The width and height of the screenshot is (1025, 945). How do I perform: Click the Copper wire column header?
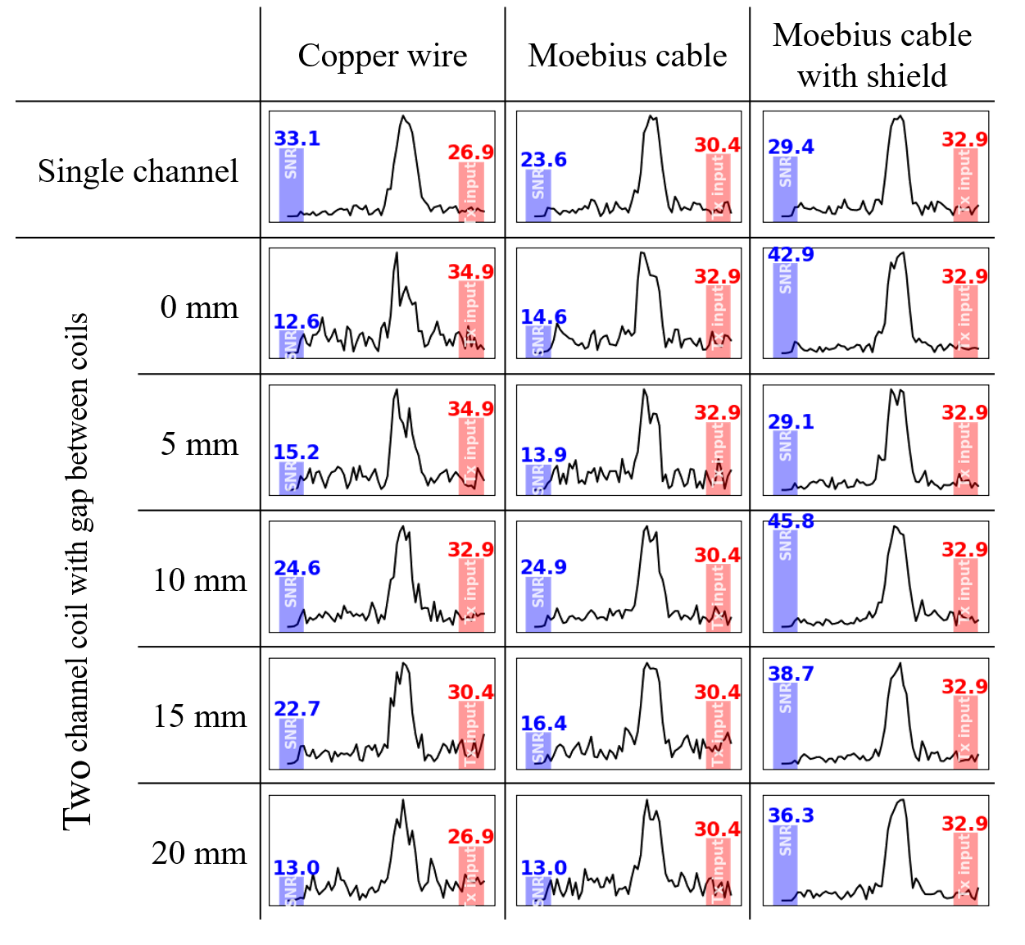pos(382,56)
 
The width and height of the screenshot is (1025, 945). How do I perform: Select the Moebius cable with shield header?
pos(872,56)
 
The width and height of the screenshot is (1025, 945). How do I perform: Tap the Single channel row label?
pos(138,171)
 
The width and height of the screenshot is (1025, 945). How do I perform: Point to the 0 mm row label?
pos(199,307)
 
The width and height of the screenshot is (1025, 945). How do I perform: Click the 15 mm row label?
pos(199,716)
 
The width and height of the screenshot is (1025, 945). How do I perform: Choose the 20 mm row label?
pos(199,853)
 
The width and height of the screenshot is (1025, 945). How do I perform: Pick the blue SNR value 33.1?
pos(297,139)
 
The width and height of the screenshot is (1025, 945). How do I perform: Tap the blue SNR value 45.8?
pos(791,521)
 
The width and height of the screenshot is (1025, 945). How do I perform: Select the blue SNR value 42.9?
pos(791,254)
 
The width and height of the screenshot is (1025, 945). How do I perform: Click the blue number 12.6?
pos(296,322)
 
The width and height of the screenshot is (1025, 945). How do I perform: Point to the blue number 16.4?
pos(543,724)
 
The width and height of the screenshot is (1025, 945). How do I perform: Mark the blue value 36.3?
pos(791,816)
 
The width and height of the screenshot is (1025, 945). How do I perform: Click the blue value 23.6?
pos(543,160)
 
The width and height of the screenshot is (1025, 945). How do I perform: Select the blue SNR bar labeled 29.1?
pos(785,462)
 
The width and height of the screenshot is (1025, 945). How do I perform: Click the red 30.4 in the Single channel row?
pos(717,145)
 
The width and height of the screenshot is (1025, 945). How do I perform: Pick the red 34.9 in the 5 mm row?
pos(470,409)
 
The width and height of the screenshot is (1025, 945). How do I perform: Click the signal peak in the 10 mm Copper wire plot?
pos(403,528)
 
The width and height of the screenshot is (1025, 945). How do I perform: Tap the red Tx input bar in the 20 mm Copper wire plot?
pos(471,875)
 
